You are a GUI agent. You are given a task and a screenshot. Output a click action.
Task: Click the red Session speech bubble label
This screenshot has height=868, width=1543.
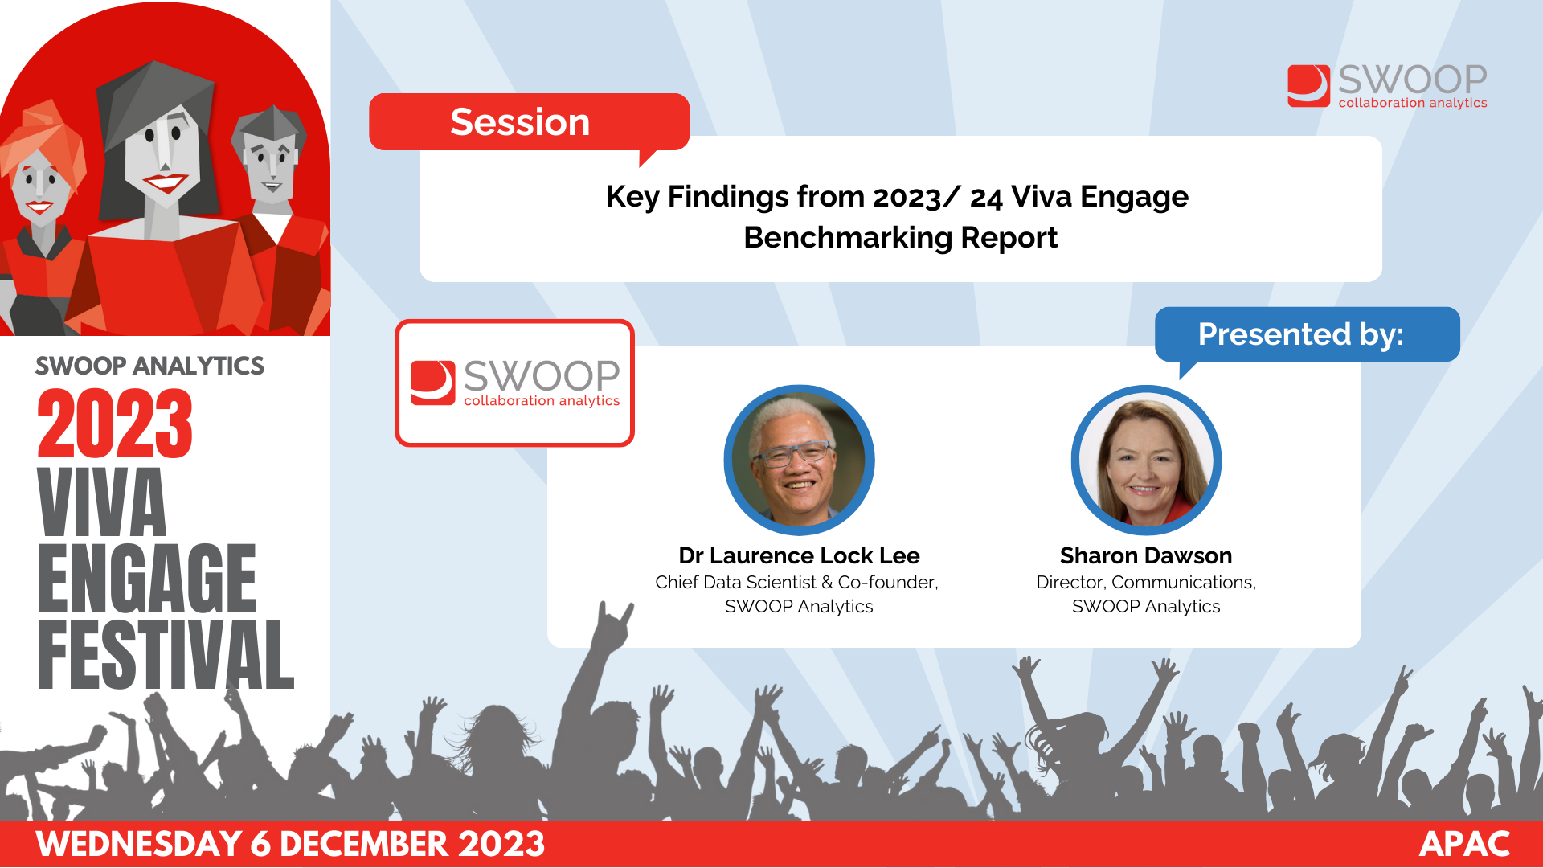pyautogui.click(x=529, y=122)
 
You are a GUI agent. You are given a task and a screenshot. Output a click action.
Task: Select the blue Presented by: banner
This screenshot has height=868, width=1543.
pyautogui.click(x=1307, y=334)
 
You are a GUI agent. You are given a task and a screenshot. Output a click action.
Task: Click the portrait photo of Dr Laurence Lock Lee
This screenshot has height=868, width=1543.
pyautogui.click(x=799, y=461)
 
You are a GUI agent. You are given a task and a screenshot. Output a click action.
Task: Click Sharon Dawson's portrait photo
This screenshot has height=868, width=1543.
pyautogui.click(x=1146, y=461)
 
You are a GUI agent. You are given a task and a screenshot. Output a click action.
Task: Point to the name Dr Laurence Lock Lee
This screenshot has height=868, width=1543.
pyautogui.click(x=799, y=555)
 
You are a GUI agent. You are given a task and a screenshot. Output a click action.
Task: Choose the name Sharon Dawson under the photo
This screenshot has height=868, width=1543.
pyautogui.click(x=1146, y=555)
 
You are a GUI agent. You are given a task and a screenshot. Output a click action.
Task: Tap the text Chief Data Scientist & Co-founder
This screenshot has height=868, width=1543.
pyautogui.click(x=796, y=582)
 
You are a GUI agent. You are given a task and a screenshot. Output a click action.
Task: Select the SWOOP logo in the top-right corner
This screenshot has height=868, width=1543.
pyautogui.click(x=1387, y=86)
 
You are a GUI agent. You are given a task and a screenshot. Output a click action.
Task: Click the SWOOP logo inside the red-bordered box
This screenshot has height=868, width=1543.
pyautogui.click(x=515, y=383)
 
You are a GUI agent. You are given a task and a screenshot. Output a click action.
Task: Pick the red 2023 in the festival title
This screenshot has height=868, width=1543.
pyautogui.click(x=115, y=424)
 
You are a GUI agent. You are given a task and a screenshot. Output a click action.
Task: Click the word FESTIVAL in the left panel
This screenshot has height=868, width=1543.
pyautogui.click(x=166, y=654)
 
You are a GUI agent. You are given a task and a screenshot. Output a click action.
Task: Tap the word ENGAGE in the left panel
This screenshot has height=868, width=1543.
pyautogui.click(x=147, y=578)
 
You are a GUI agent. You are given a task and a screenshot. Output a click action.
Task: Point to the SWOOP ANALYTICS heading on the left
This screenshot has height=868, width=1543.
pyautogui.click(x=149, y=366)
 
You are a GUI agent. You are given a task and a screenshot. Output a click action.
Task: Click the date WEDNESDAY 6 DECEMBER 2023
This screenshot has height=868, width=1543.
pyautogui.click(x=290, y=844)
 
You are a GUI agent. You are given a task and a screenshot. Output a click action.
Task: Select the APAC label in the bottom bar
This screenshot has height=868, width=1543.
pyautogui.click(x=1464, y=844)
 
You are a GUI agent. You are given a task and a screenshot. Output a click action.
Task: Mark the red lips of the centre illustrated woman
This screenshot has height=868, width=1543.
pyautogui.click(x=166, y=183)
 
